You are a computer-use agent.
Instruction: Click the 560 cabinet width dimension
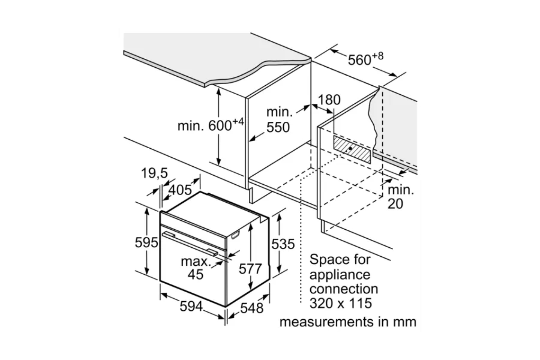tap(365, 59)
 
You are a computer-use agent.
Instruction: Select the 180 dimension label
tap(329, 100)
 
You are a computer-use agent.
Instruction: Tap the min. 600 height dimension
tap(211, 125)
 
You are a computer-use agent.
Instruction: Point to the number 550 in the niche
tap(278, 127)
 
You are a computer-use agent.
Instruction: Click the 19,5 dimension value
tap(154, 173)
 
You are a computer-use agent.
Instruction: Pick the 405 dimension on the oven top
tap(180, 190)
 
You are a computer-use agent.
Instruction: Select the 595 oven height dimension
tap(146, 242)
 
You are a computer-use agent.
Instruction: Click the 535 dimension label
tap(283, 244)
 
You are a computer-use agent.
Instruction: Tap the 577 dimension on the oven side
tap(250, 269)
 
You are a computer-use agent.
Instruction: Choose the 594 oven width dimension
tap(191, 307)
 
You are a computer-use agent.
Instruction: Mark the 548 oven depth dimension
tap(252, 308)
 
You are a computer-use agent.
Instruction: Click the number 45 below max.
tap(195, 274)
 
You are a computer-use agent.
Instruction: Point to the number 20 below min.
tap(395, 204)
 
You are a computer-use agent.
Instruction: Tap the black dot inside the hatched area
tap(350, 149)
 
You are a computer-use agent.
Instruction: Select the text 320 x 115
tap(341, 303)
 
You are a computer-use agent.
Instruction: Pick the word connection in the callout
tap(344, 289)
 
